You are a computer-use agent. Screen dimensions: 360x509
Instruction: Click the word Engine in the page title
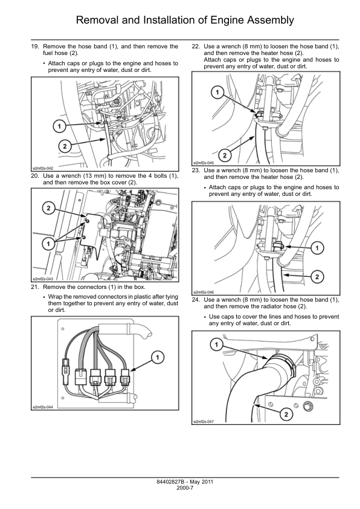coord(227,21)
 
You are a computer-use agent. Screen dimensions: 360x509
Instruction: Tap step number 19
coord(34,47)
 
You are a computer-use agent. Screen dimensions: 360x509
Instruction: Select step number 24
coord(196,300)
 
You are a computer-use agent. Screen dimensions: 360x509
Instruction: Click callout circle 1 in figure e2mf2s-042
coord(59,126)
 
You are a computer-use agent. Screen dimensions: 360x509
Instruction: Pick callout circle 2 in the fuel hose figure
coord(65,146)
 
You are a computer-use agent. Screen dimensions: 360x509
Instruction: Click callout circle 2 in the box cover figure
coord(49,208)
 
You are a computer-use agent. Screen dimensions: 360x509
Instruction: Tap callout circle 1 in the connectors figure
coord(158,357)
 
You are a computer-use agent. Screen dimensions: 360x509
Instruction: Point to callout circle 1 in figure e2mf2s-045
coord(217,93)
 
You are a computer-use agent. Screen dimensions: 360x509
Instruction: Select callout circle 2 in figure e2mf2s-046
coord(317,277)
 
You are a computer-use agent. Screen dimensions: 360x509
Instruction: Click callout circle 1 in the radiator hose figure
coord(217,345)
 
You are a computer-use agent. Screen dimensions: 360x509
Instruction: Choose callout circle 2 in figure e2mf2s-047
coord(286,414)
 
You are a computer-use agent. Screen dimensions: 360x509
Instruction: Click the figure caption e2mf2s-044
coord(42,407)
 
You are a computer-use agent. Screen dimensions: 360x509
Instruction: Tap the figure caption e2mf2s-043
coord(42,279)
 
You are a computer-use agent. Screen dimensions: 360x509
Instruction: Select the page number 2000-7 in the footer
coord(185,488)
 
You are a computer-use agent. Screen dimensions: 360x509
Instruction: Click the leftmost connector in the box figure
coord(65,366)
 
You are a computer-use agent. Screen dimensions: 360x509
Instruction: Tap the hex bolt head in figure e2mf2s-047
coord(307,406)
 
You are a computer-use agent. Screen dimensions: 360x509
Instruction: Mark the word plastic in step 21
coord(138,297)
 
